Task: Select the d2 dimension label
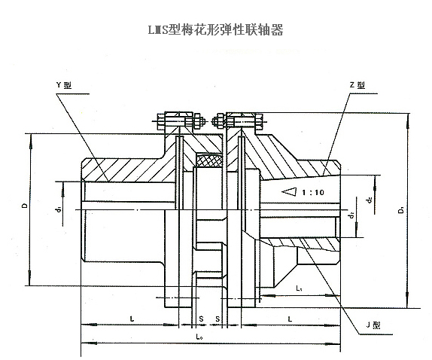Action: (x=351, y=216)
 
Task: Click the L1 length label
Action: (x=299, y=288)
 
